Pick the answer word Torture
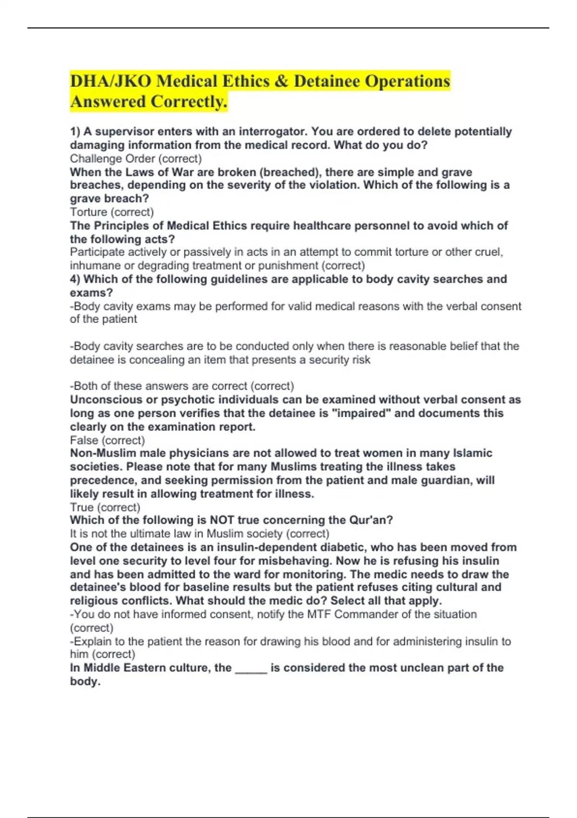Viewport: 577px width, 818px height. [88, 212]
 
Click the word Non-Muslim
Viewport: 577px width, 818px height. [103, 453]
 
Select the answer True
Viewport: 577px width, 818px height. [82, 507]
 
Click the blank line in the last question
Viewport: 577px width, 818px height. [251, 669]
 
